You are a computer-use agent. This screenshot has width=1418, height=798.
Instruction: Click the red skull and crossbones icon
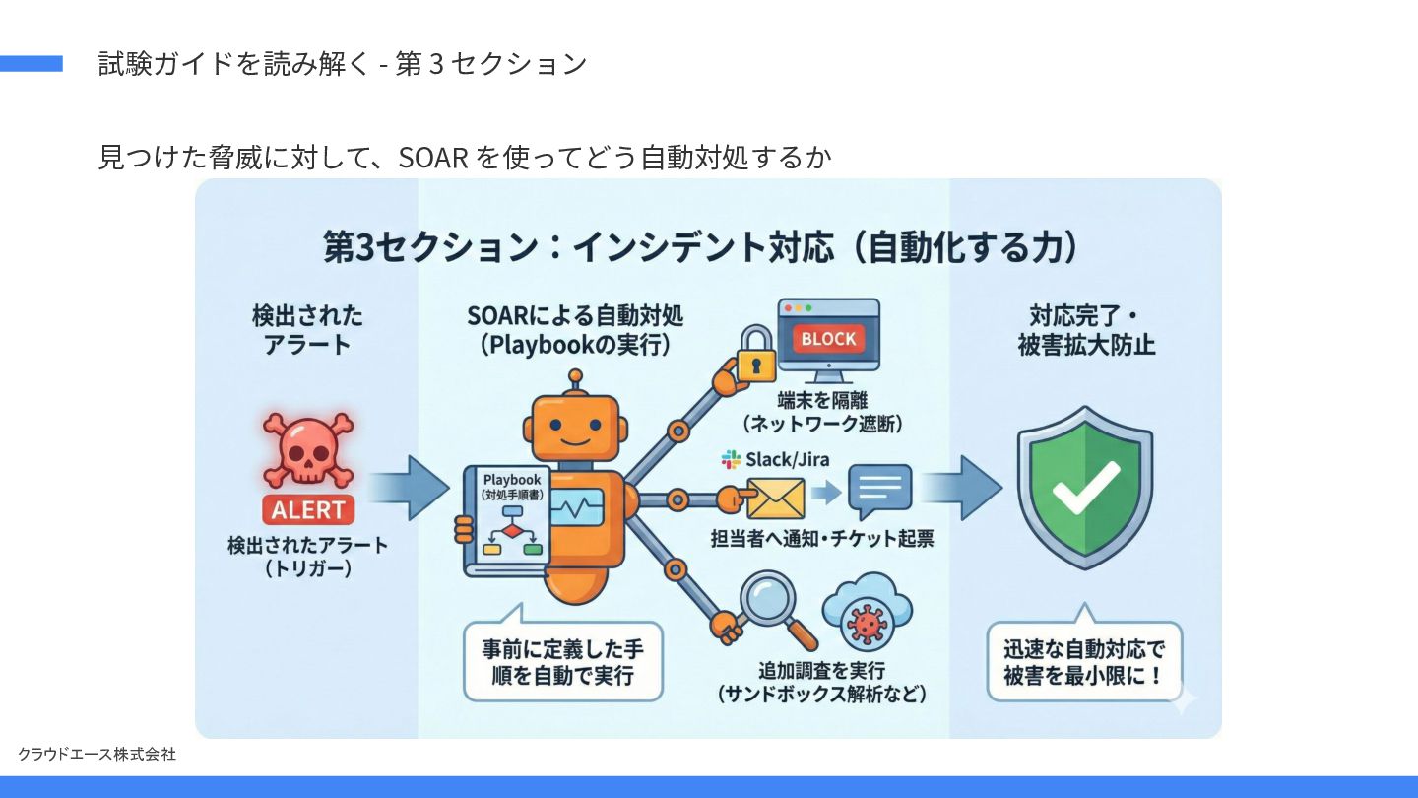click(307, 450)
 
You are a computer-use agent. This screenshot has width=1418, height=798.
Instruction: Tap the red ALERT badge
click(308, 510)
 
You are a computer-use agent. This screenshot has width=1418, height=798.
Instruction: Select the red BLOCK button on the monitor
click(828, 339)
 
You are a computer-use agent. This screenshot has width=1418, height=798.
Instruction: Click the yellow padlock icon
click(756, 356)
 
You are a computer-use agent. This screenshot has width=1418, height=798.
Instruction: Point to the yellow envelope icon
click(775, 498)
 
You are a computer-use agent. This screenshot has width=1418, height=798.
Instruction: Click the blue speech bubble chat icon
click(879, 491)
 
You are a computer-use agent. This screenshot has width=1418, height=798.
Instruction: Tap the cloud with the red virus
click(867, 615)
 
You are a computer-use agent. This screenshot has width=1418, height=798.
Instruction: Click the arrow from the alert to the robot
click(411, 487)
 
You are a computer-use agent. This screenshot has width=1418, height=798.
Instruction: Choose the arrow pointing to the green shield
click(960, 487)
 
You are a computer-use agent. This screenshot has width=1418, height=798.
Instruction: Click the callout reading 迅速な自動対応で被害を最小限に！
click(1083, 661)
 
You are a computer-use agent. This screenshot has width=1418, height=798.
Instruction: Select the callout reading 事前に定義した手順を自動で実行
click(562, 661)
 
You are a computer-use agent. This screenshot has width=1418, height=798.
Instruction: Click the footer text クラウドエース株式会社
click(97, 754)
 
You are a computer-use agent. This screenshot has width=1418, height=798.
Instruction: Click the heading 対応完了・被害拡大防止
click(1086, 331)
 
